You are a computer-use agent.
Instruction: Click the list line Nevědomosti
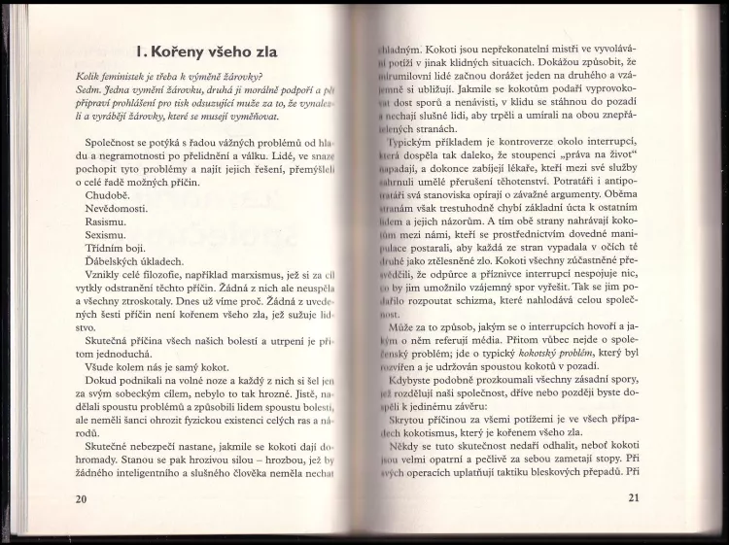[119, 209]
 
